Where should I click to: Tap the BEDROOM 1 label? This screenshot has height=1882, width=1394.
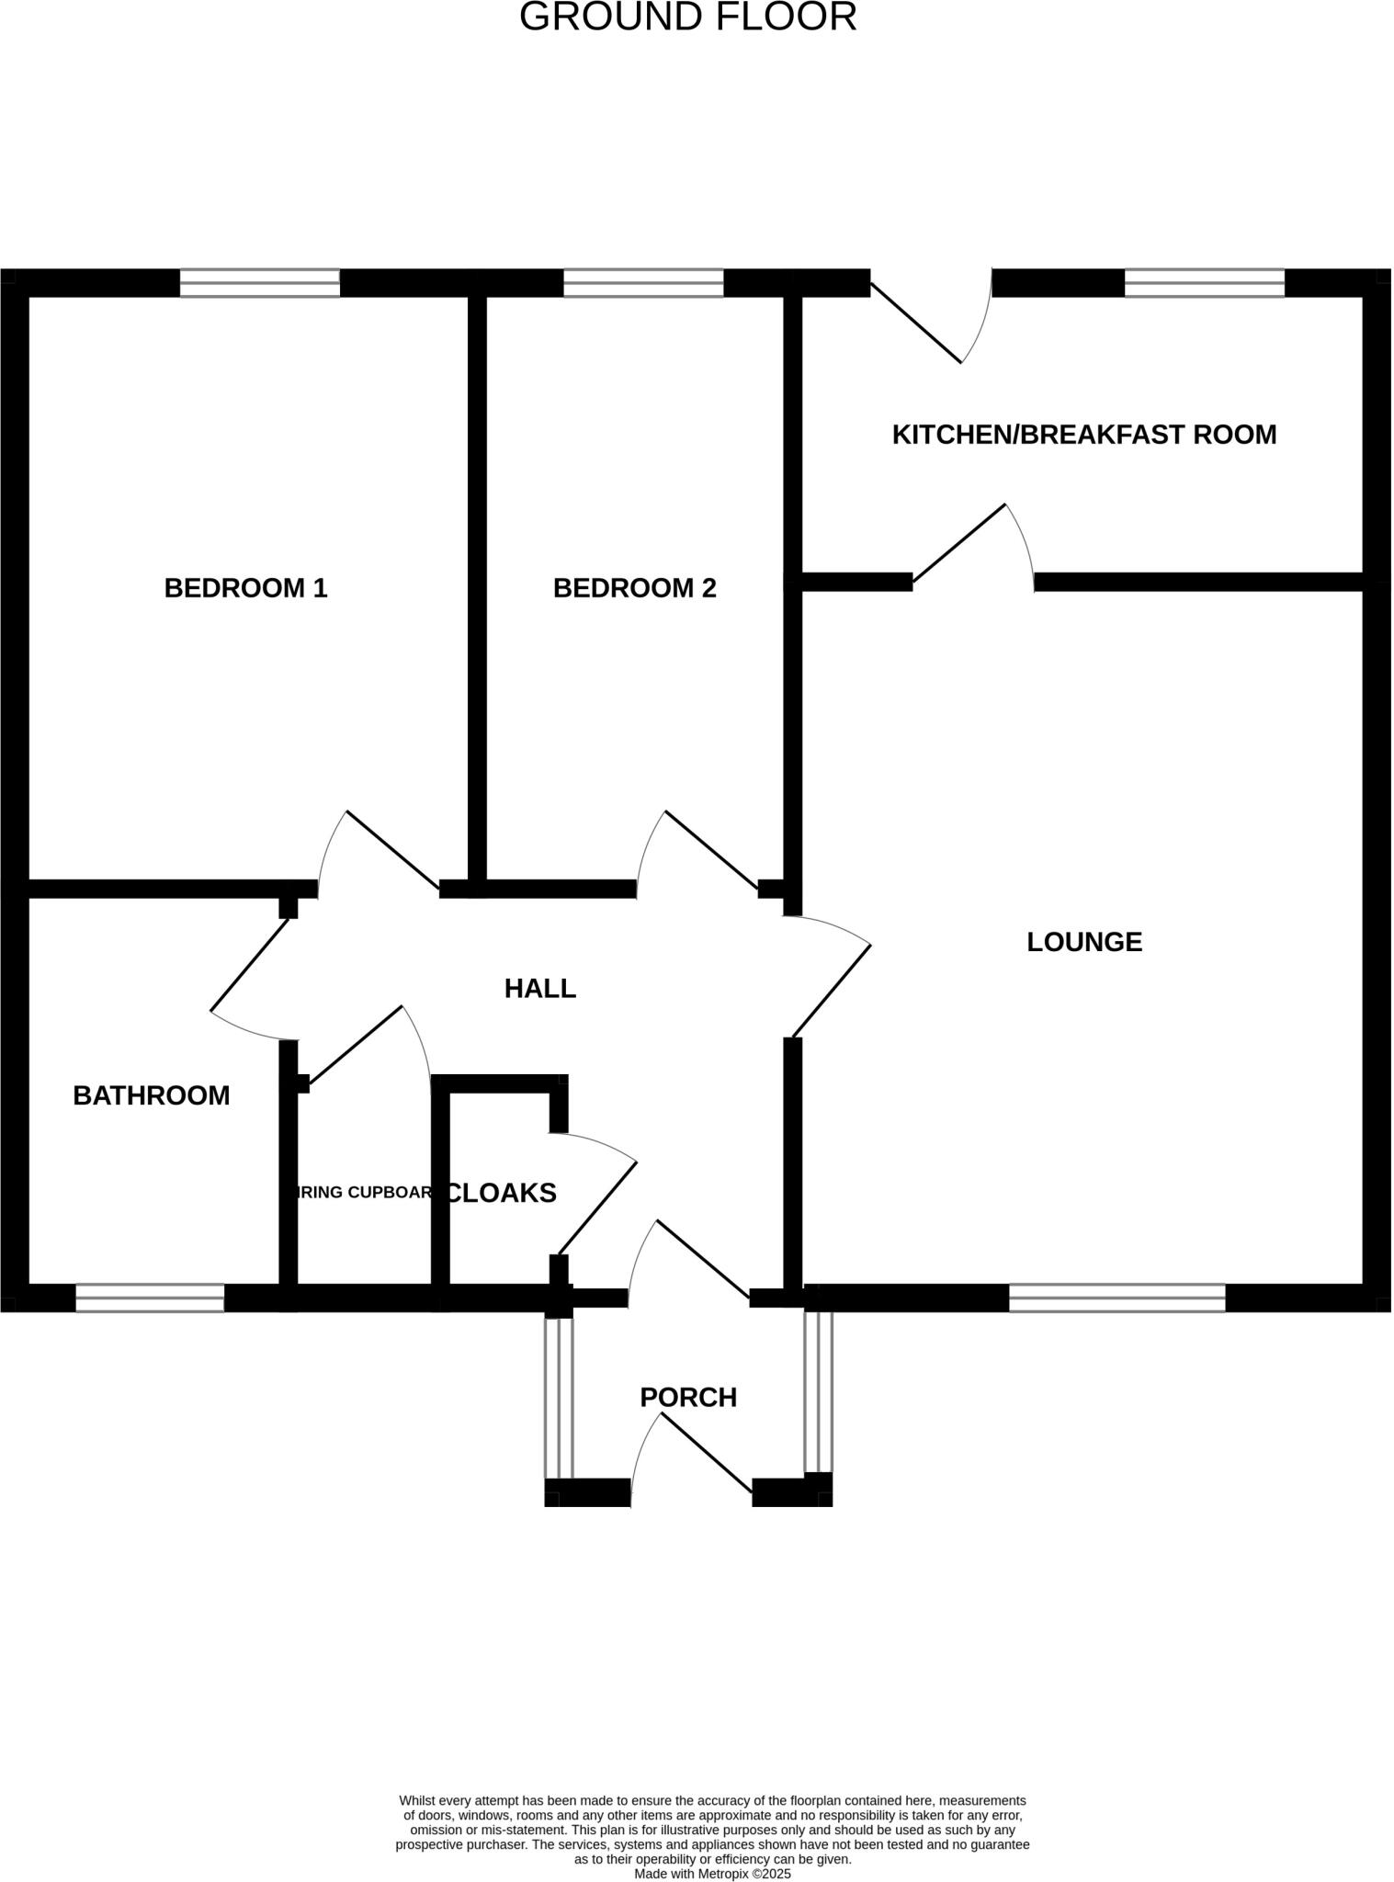coord(245,588)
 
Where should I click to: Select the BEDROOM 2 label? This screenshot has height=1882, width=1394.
coord(634,588)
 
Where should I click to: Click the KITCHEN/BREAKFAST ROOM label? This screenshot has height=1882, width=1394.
coord(1084,435)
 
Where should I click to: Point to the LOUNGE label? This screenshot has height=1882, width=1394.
coord(1084,942)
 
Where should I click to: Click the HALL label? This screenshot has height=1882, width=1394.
coord(540,989)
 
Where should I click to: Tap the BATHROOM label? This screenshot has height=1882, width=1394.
coord(152,1095)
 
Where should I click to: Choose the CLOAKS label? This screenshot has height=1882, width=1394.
coord(502,1193)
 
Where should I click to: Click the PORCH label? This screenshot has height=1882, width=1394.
coord(688,1398)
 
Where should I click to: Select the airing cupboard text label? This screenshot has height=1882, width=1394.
coord(361,1193)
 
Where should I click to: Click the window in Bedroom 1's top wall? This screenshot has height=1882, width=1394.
coord(260,283)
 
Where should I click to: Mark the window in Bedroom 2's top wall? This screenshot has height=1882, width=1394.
coord(643,283)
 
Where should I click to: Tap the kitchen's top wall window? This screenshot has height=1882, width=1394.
coord(1205,283)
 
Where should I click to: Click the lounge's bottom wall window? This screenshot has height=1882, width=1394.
coord(1117,1298)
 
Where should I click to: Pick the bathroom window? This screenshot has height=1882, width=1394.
coord(150,1298)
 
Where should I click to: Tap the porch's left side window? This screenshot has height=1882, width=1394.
coord(559,1397)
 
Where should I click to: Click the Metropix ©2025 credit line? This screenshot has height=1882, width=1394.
coord(712,1874)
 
